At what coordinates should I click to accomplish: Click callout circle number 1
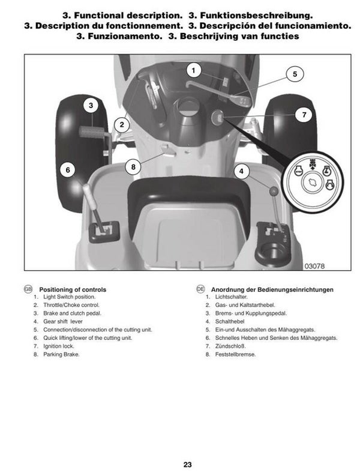[193, 70]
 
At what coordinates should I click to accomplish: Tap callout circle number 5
[295, 74]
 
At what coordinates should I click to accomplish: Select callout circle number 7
[304, 114]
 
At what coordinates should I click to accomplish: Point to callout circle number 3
[91, 106]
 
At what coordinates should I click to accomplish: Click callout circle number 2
[122, 125]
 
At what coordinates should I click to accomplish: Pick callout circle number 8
[133, 166]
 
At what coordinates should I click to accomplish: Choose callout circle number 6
[68, 171]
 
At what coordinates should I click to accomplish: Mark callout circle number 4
[242, 171]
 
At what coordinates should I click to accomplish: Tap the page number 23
[188, 464]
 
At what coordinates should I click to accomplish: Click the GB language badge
[27, 289]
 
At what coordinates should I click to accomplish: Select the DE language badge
[201, 289]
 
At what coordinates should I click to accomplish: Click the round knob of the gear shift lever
[274, 192]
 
